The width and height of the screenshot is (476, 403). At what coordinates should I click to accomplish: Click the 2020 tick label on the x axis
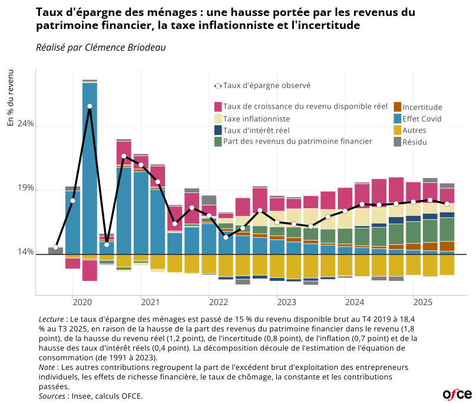tap(82, 302)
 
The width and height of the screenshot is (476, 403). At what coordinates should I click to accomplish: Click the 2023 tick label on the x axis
tap(286, 302)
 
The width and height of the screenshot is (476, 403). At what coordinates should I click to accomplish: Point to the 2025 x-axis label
tap(422, 302)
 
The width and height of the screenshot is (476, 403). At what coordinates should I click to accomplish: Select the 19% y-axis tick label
tap(25, 189)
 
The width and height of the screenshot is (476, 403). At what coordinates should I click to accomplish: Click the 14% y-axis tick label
tap(25, 253)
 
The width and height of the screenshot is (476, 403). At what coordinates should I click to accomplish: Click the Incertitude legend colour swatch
tap(397, 107)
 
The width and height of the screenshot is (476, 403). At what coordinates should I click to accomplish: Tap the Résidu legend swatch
tap(397, 142)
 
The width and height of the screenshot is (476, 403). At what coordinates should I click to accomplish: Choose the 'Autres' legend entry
tap(414, 130)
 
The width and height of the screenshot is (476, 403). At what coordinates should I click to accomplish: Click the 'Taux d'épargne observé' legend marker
tap(218, 86)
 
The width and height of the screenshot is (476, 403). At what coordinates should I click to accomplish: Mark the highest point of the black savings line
tap(90, 106)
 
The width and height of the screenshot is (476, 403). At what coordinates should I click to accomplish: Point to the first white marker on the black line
tap(55, 247)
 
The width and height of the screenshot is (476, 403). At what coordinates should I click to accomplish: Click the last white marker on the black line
tap(447, 204)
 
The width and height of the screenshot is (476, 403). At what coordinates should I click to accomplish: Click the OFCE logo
tap(457, 394)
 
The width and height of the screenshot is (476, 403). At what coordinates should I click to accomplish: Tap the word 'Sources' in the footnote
tap(52, 396)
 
